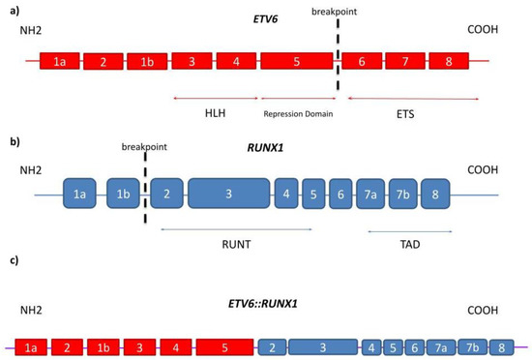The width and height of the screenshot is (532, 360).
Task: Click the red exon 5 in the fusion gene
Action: click(224, 345)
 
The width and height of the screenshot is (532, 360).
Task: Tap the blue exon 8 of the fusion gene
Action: click(501, 345)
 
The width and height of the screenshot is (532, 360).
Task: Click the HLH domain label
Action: click(216, 113)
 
